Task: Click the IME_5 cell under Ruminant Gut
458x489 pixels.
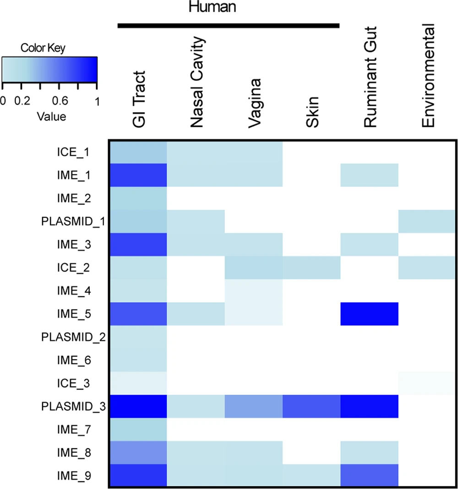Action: (370, 313)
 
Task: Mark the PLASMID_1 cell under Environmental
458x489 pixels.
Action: (427, 221)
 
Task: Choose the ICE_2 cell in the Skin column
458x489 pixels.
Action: (311, 267)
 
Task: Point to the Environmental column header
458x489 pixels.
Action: (429, 78)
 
